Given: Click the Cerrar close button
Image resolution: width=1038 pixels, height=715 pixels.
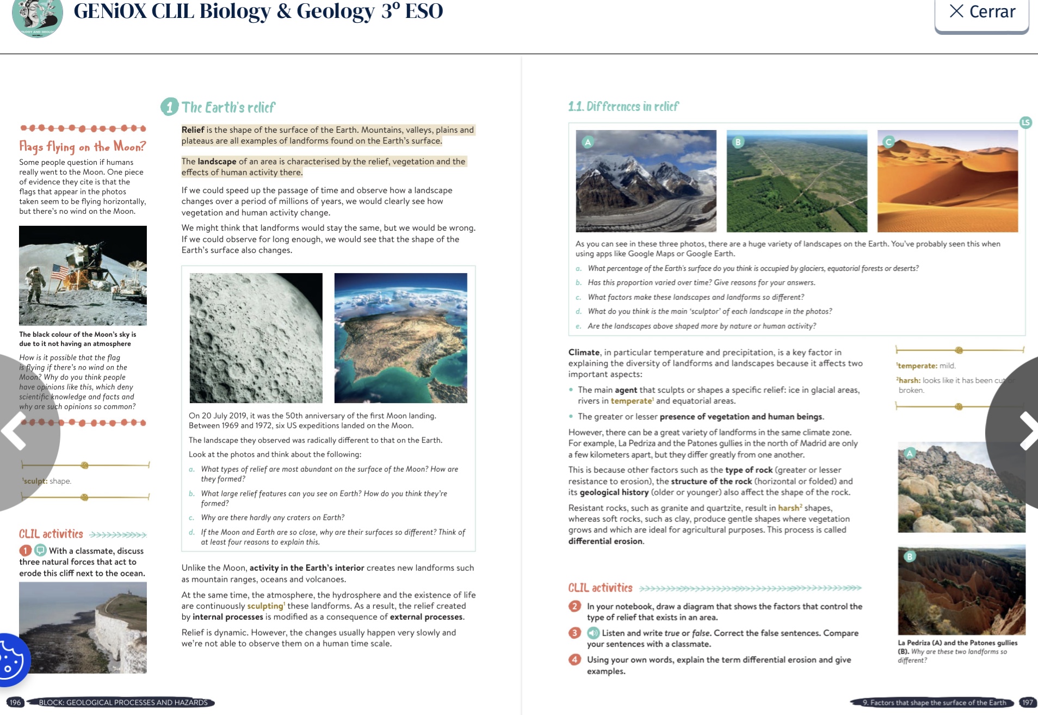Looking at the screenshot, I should coord(981,12).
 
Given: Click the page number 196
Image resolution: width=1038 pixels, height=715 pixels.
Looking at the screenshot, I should coord(15,702).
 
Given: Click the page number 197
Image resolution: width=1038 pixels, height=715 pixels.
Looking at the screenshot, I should coord(1027,702).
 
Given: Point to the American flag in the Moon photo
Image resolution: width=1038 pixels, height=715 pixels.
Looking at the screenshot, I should coord(59,272).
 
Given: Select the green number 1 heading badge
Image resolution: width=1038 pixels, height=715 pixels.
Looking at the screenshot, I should coord(169,107).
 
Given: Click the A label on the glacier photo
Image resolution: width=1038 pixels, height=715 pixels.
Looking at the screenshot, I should coord(588,142).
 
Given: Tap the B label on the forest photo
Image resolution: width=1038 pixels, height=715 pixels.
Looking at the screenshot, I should coord(738,142).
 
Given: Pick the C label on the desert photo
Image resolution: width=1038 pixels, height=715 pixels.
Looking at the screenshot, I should coord(888,142).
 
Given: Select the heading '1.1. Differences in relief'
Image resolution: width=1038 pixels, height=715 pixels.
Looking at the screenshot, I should coord(623,106).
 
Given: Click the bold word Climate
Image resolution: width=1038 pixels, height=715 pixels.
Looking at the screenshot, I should coord(584,353).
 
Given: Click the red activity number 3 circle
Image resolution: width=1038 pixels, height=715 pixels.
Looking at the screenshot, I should coord(574,633).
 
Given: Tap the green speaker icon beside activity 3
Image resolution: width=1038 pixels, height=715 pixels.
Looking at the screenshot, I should coord(593,633).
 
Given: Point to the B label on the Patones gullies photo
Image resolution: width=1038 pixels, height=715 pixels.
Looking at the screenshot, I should coord(910,556).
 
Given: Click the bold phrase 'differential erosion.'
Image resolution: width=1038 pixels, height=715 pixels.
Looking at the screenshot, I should coord(606,541).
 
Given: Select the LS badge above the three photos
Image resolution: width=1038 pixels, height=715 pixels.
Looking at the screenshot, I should coord(1025,122).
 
